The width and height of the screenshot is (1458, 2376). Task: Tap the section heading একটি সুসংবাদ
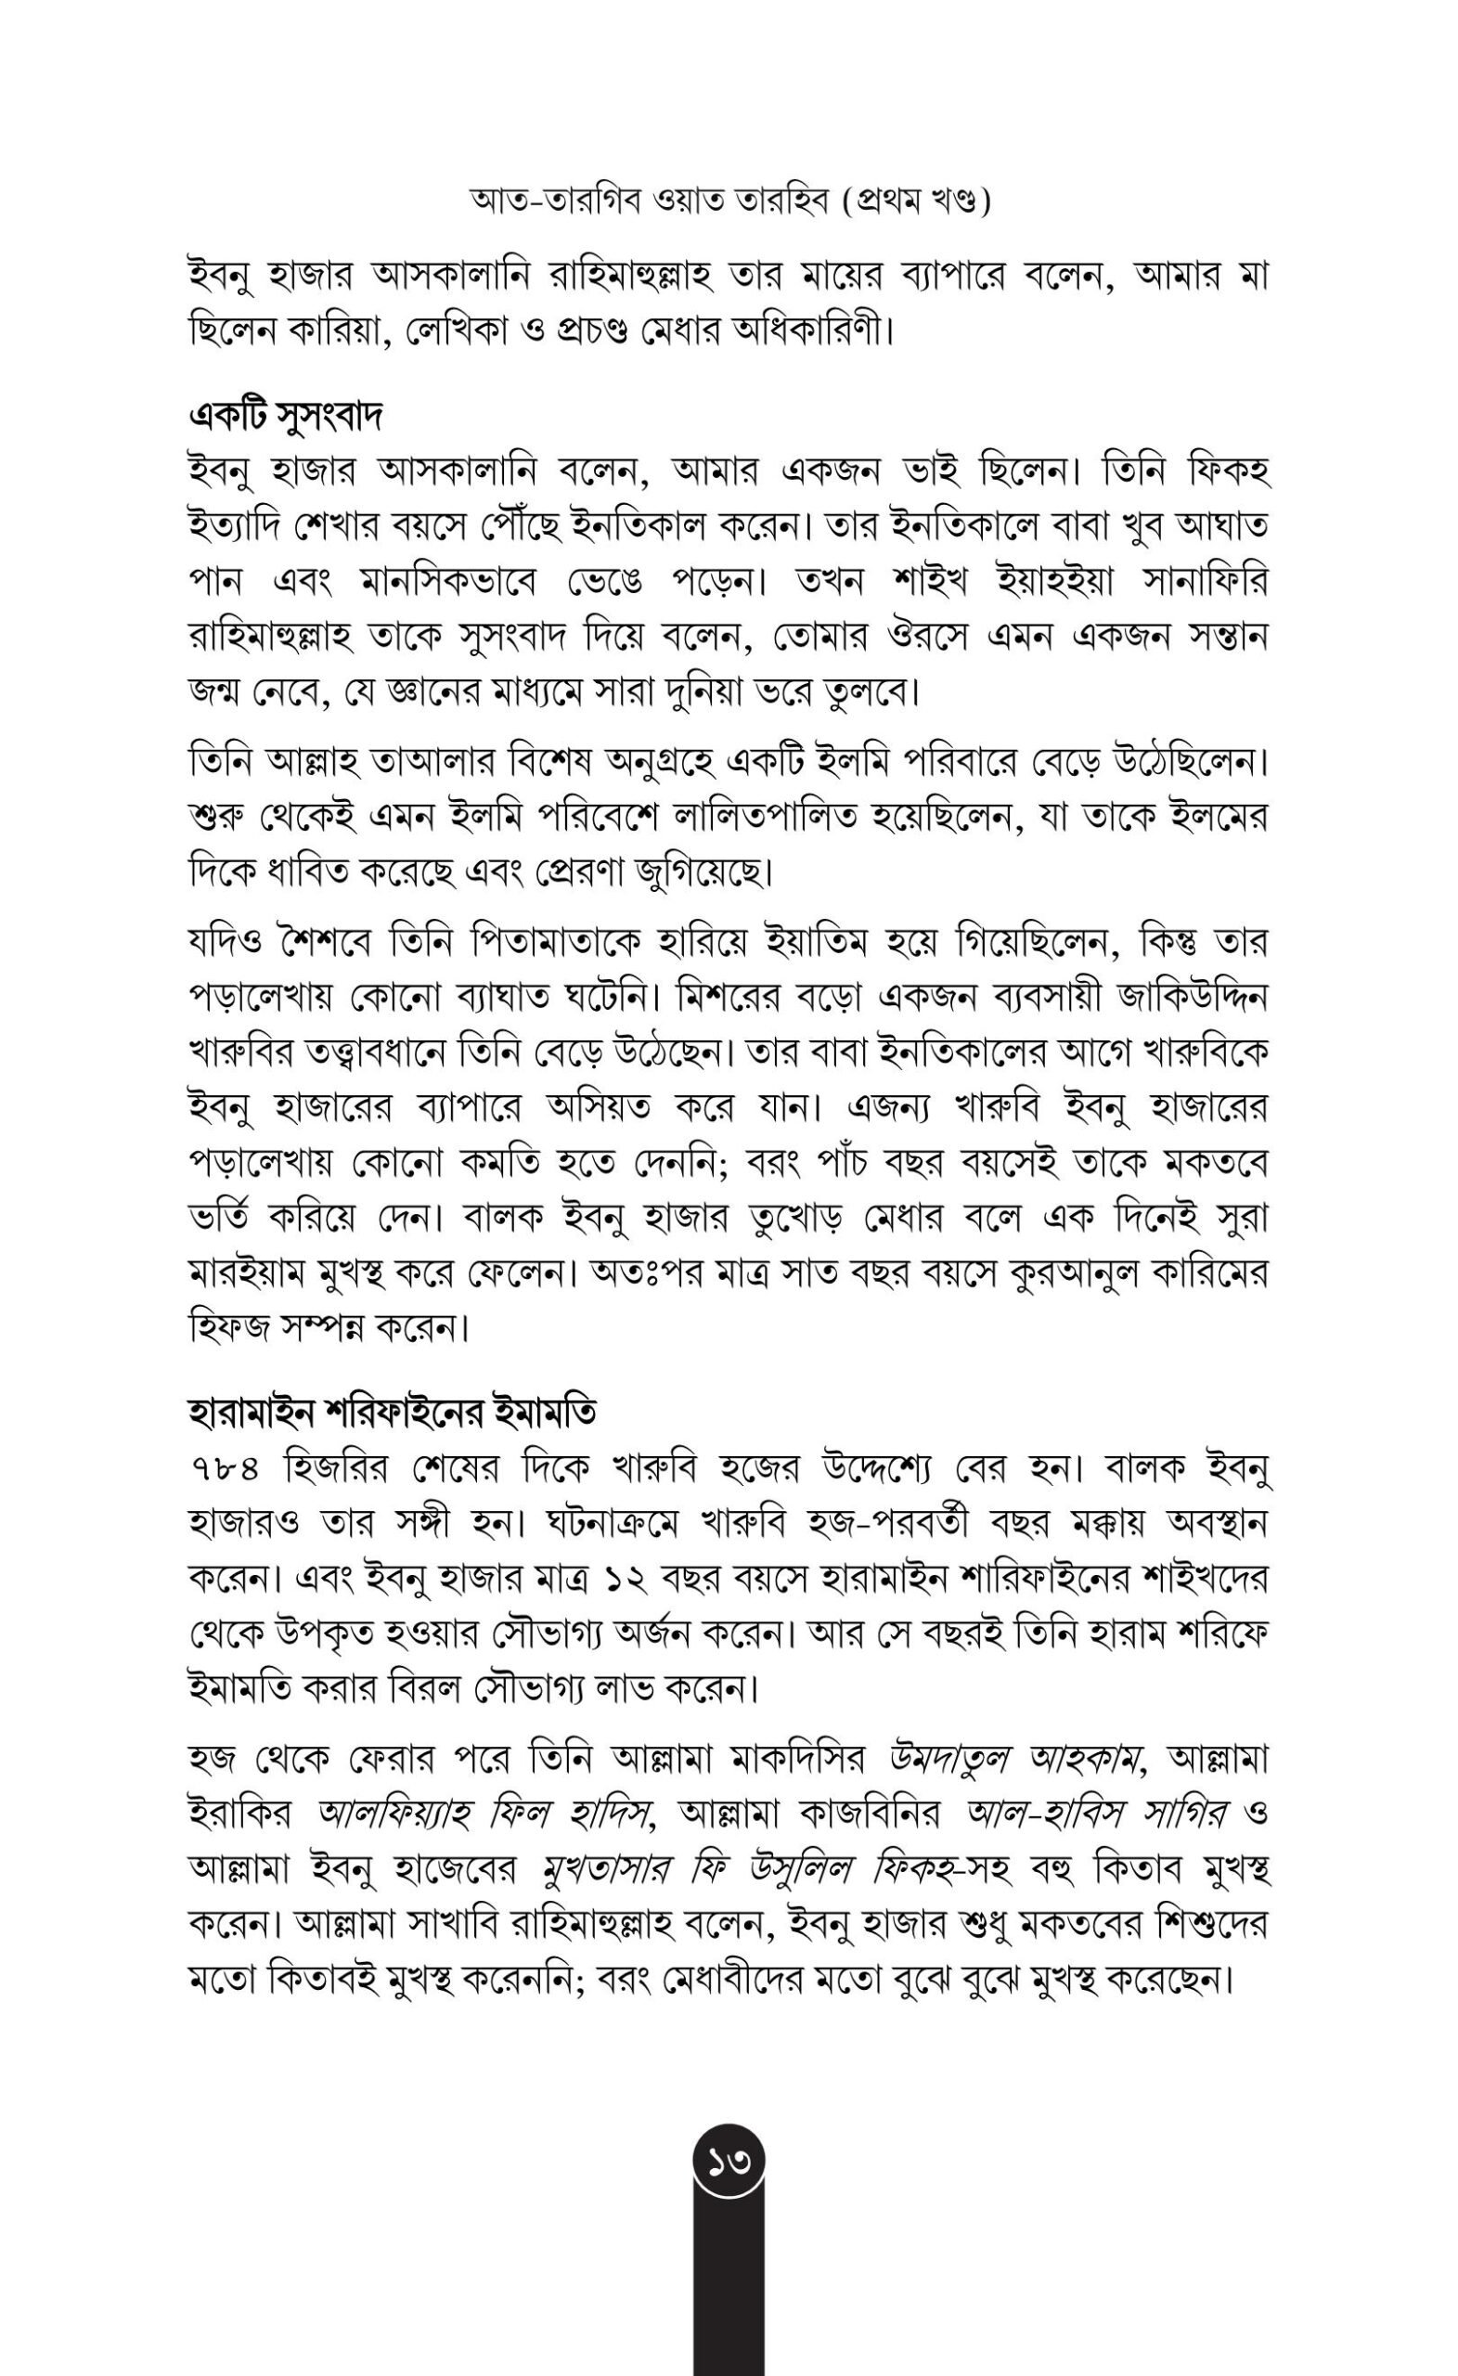tap(286, 417)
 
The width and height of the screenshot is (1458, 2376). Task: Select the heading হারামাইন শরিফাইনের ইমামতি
tap(392, 1413)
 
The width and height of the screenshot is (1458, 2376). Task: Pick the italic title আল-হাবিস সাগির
tap(1097, 1814)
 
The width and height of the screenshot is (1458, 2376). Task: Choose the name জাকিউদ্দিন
tap(1193, 995)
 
